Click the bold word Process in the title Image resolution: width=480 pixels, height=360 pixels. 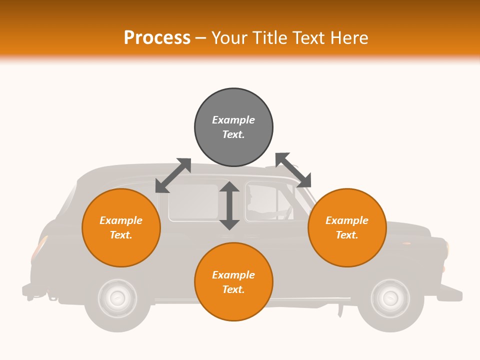click(x=157, y=37)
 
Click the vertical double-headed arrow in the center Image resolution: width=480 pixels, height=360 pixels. click(x=229, y=205)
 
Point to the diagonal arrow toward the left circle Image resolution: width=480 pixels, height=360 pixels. click(x=173, y=175)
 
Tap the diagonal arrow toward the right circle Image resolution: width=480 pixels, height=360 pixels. click(x=293, y=170)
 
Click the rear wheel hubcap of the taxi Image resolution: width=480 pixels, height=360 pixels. click(x=117, y=298)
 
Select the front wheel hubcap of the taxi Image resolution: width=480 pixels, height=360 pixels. click(x=390, y=298)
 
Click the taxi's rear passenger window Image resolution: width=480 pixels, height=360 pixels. click(x=193, y=202)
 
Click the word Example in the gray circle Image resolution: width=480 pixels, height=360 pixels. click(x=233, y=120)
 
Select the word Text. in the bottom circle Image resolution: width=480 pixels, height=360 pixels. click(x=233, y=289)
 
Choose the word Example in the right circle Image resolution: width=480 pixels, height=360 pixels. click(x=347, y=220)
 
